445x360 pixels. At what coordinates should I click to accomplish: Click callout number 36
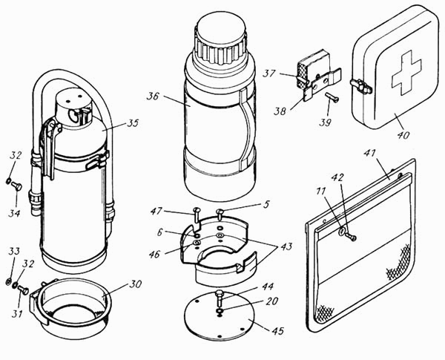pyautogui.click(x=153, y=96)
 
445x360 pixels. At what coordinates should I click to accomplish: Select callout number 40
pyautogui.click(x=403, y=134)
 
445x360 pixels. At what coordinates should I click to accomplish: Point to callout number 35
pyautogui.click(x=133, y=123)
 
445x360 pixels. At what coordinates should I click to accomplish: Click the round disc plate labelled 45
pyautogui.click(x=219, y=316)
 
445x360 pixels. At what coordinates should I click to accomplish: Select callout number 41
pyautogui.click(x=370, y=154)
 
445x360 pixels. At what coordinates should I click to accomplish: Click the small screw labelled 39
pyautogui.click(x=332, y=96)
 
